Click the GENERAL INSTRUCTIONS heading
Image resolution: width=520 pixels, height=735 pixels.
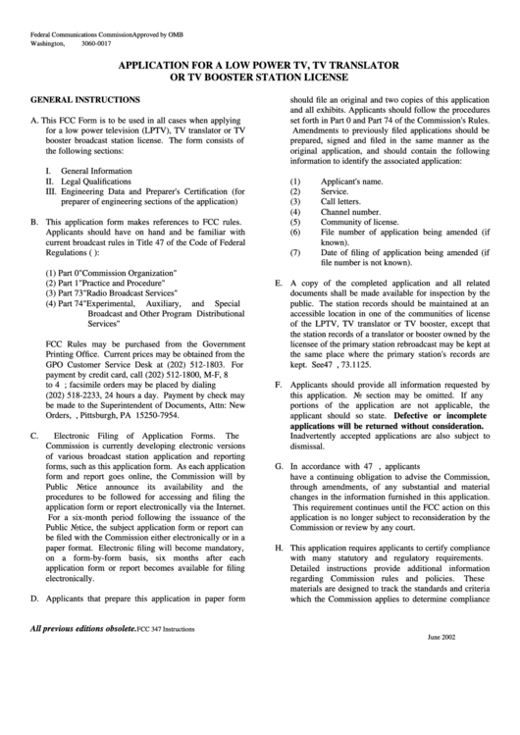tap(84, 100)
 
